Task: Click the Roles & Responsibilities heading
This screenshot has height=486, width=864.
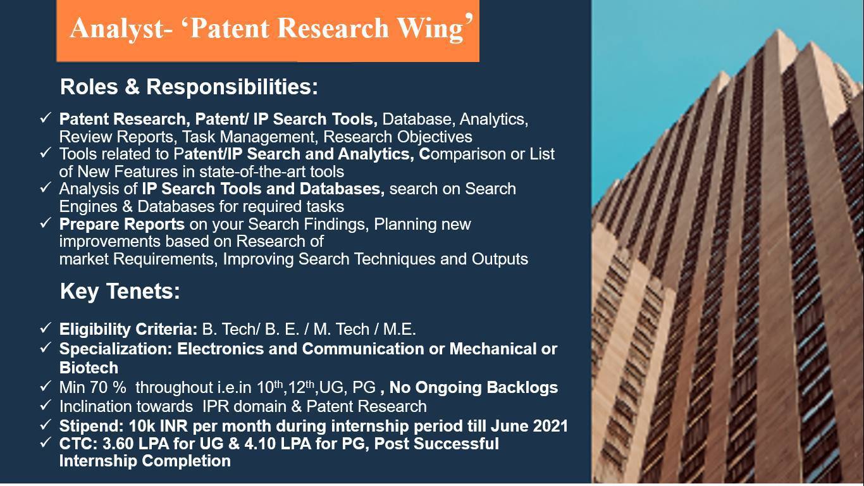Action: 189,87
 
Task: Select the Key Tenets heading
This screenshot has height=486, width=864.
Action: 120,291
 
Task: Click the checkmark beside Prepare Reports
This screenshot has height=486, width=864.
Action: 46,223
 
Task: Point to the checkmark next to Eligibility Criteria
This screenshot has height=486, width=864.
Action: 46,328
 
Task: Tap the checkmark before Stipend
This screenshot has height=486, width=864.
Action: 46,425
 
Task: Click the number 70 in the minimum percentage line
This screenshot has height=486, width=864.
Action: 99,387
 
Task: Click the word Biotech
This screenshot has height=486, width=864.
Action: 89,368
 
